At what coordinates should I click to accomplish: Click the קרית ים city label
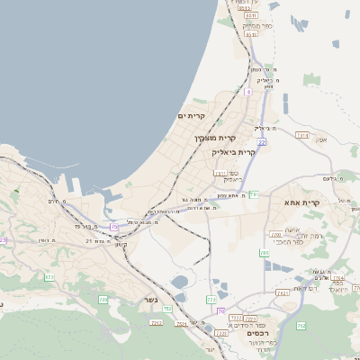coord(192,116)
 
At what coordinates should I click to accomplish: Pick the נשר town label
coord(151,301)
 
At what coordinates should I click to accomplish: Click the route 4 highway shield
coord(248,91)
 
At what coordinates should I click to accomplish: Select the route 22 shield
coord(261,141)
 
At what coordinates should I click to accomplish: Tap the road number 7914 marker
coord(301,136)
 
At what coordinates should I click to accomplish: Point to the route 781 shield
coord(220,174)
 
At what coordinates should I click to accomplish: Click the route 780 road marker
coord(265,254)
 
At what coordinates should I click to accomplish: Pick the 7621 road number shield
coord(283,292)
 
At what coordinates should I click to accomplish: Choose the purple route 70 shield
coord(220,310)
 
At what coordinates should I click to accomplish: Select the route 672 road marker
coord(49,277)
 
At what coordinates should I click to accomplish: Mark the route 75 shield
coord(114,228)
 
